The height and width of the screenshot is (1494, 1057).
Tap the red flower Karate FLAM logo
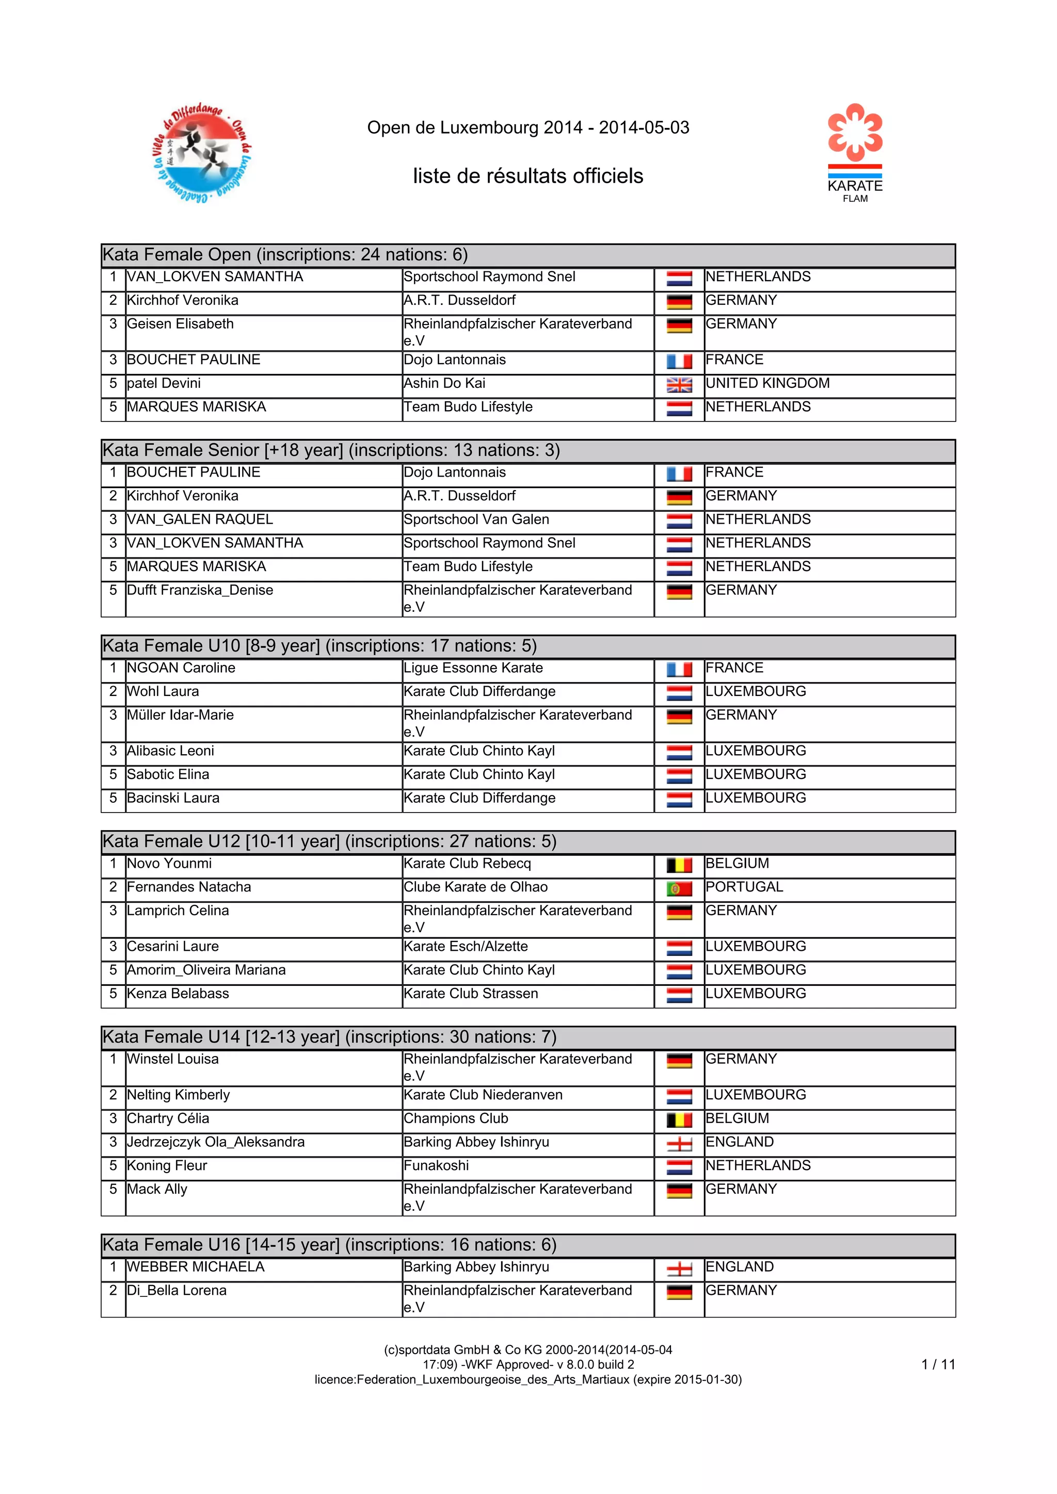point(855,153)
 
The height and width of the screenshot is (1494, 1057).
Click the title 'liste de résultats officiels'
point(528,176)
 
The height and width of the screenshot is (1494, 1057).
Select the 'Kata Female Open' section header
point(285,254)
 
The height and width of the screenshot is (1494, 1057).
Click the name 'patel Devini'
point(164,383)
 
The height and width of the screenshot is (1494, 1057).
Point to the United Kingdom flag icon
point(679,386)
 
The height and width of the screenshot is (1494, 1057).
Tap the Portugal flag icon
point(679,889)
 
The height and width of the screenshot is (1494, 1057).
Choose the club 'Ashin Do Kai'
point(444,383)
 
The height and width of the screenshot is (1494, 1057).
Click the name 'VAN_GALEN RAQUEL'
point(200,519)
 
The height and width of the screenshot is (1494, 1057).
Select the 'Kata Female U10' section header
point(319,645)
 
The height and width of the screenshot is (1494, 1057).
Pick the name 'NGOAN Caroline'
point(181,668)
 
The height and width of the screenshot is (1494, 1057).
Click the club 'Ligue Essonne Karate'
point(473,668)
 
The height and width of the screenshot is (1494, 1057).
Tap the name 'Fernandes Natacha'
point(189,887)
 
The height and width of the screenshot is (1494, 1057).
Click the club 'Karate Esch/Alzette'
point(466,946)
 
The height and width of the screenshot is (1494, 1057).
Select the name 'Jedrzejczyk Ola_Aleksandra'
point(215,1142)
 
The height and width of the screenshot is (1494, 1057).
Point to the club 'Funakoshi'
point(436,1165)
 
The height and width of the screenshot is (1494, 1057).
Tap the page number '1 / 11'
point(938,1364)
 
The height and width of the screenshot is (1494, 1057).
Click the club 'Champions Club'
point(456,1118)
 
